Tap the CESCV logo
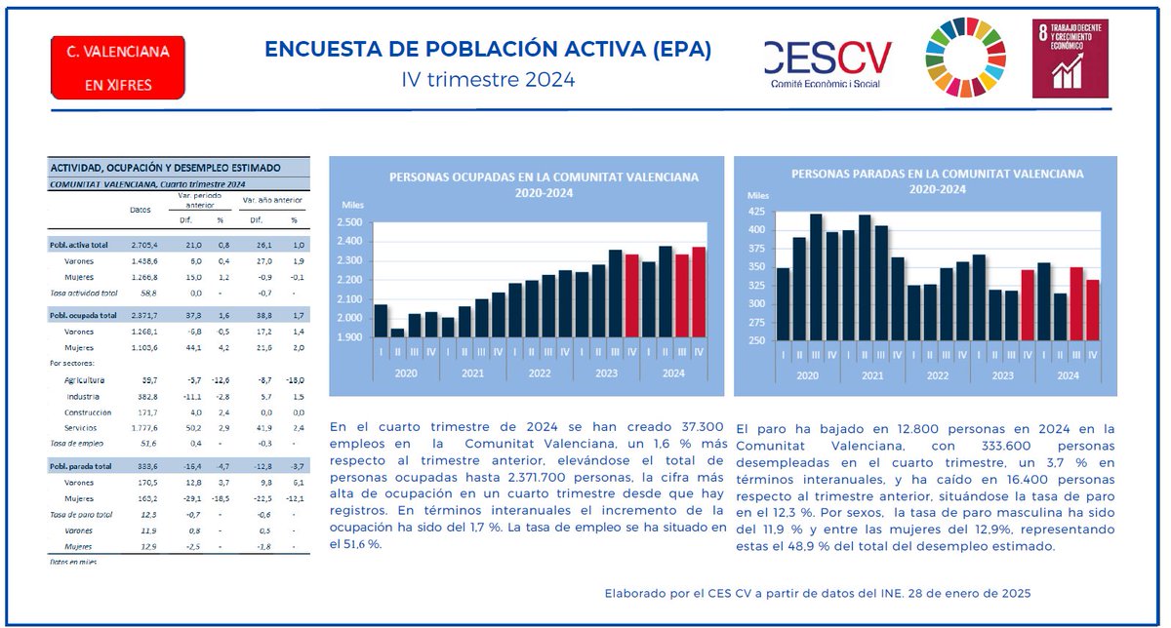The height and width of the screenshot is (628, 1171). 828,64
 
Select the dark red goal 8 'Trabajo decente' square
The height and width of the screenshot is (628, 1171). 1070,59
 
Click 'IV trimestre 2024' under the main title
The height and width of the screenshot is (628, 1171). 488,79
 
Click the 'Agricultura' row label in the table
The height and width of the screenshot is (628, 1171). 86,379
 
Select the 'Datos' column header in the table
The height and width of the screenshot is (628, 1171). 141,209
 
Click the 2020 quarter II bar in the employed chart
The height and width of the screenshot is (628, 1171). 396,332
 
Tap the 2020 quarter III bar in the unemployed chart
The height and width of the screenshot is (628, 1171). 816,277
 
